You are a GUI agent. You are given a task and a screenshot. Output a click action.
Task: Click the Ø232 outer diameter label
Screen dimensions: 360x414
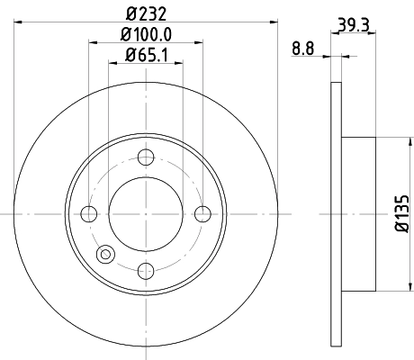(x=145, y=13)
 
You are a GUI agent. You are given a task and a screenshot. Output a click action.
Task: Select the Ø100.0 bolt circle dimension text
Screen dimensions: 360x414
(x=145, y=35)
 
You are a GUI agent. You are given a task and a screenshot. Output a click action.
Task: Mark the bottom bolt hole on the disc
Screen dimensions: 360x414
(x=146, y=269)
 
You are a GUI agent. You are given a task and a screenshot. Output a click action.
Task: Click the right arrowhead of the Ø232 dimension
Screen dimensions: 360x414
(x=272, y=21)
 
